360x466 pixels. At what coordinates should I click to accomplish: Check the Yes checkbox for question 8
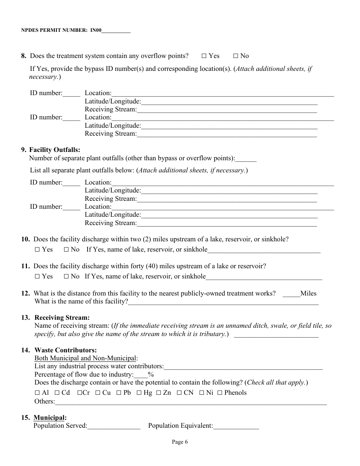204,56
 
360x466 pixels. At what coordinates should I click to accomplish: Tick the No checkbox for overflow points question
235,56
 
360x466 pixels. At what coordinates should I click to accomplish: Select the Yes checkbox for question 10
37,250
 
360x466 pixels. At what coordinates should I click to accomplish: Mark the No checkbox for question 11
66,277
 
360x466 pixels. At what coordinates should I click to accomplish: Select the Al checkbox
37,393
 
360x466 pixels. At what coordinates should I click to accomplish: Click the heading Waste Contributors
65,350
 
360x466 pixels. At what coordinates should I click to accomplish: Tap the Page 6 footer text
180,442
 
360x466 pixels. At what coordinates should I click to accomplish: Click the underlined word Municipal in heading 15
49,418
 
